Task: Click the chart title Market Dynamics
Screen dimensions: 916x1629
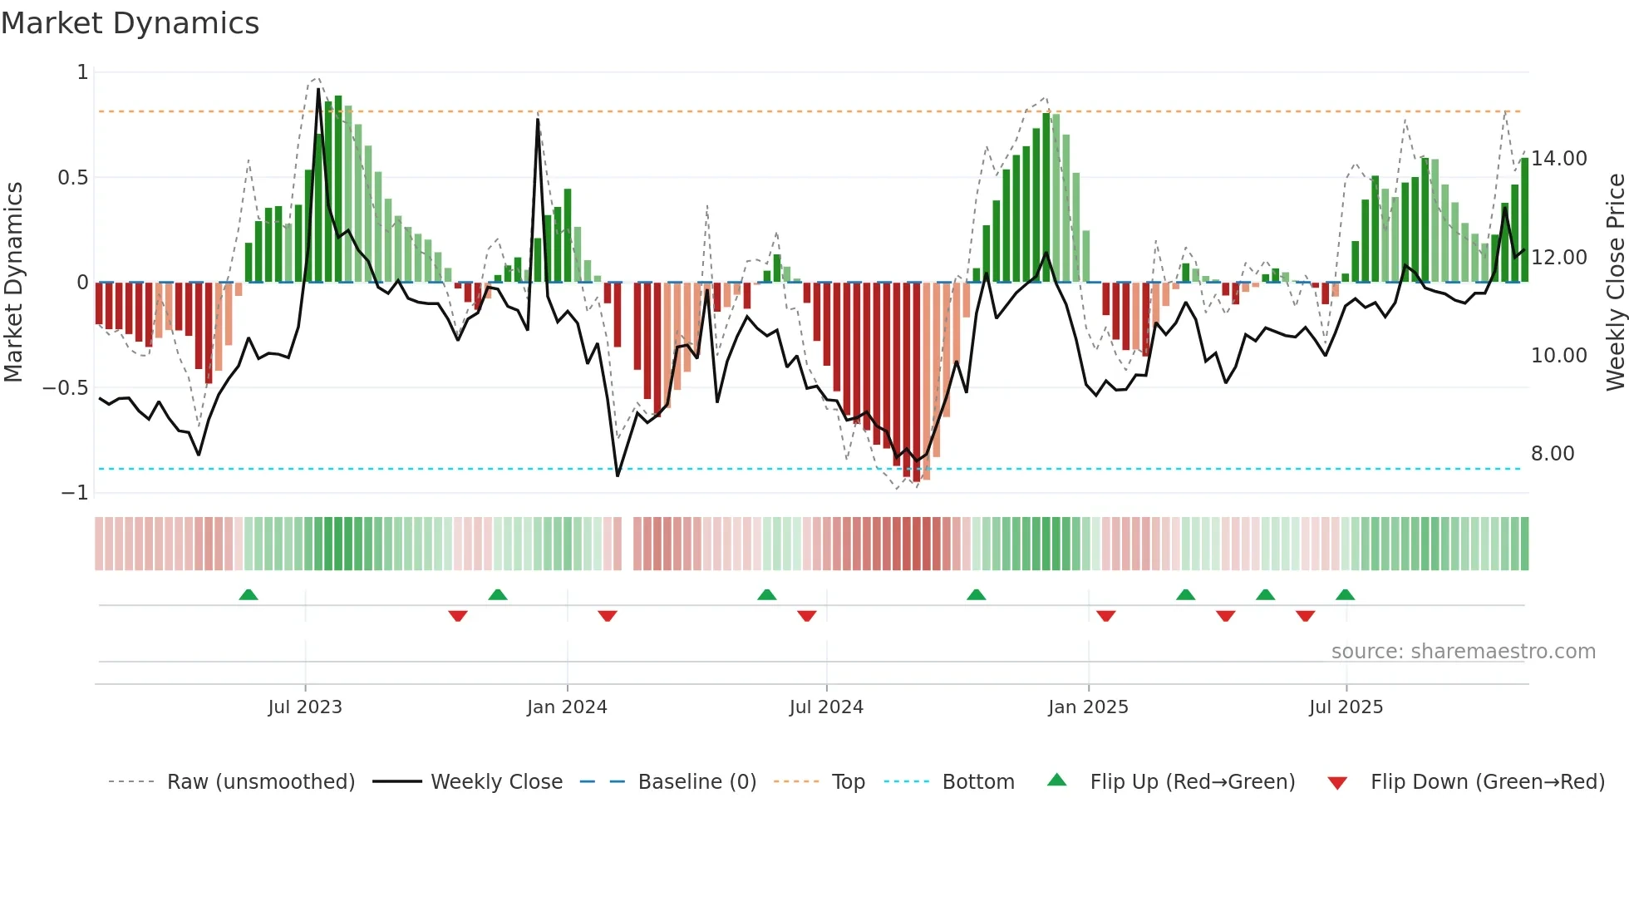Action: (x=130, y=23)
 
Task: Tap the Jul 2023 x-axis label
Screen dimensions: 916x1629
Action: (x=305, y=707)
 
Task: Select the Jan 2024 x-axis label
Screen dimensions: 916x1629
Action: (x=567, y=707)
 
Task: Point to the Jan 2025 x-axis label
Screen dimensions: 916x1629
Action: (x=1088, y=707)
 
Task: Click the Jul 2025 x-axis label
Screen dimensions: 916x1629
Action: (x=1346, y=707)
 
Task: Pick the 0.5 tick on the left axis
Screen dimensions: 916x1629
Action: (x=72, y=178)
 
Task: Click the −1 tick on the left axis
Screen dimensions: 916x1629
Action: (x=75, y=493)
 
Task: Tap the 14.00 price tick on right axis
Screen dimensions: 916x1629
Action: (x=1558, y=159)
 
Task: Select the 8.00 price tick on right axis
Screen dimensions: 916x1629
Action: (x=1553, y=454)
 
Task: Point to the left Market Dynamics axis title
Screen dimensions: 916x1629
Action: (x=13, y=283)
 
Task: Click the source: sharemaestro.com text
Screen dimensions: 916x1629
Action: (x=1463, y=652)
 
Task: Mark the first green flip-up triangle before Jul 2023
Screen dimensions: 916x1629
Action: (x=249, y=595)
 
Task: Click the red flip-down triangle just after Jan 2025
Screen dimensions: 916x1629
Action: (x=1105, y=616)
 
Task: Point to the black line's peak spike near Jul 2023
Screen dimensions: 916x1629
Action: (x=318, y=90)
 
